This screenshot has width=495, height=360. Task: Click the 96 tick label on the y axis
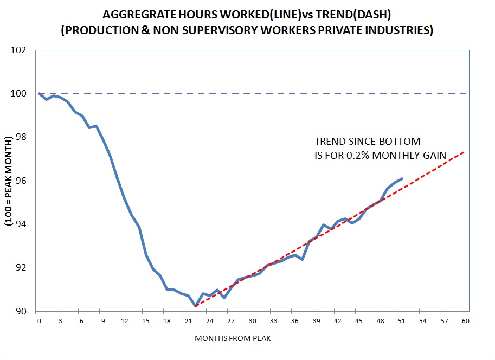[x=21, y=181]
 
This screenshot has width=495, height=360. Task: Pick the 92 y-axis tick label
[x=21, y=268]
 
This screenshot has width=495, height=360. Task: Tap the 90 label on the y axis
[x=21, y=311]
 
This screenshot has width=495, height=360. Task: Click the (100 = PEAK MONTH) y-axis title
[x=9, y=180]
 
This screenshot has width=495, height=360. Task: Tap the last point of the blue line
[x=402, y=178]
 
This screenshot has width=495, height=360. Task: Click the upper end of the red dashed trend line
[x=465, y=152]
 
